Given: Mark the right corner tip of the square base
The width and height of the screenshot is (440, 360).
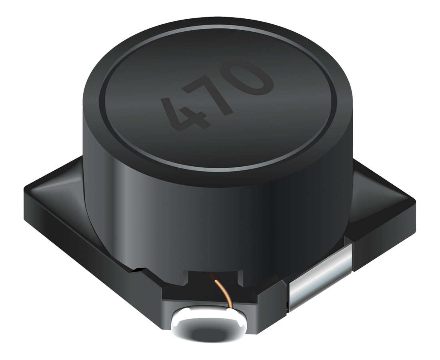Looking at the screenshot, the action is (x=415, y=200).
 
